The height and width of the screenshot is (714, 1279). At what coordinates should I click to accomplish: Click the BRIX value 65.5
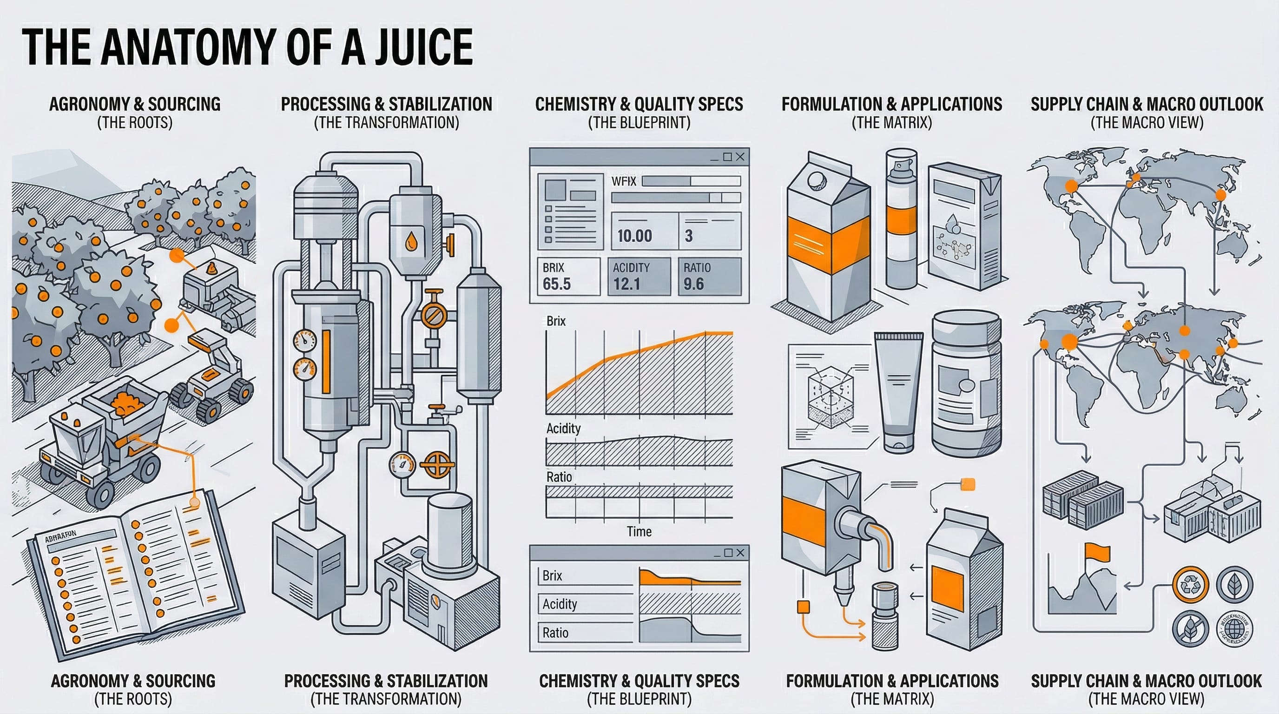[557, 284]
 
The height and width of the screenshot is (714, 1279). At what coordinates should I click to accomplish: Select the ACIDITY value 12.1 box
[639, 277]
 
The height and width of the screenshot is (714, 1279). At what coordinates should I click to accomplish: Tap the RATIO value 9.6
[693, 284]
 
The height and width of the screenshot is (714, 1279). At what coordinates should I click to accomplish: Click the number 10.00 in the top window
[634, 235]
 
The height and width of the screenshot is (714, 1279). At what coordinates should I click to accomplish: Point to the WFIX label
[624, 181]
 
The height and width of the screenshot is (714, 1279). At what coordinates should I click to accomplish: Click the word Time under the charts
[639, 532]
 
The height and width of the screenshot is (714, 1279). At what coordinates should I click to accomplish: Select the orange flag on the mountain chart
[1097, 551]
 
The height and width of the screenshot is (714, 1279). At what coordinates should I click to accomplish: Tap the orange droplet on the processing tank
[411, 242]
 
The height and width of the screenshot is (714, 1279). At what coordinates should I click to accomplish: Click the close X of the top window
[740, 157]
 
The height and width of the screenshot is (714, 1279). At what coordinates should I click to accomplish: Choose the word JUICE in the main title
[423, 47]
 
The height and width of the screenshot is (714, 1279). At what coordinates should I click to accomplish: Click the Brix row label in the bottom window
[552, 575]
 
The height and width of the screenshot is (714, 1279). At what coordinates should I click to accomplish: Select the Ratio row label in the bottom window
[555, 633]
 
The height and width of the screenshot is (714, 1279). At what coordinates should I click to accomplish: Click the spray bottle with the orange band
[902, 218]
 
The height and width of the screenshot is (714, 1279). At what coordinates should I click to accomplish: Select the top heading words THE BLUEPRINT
[639, 123]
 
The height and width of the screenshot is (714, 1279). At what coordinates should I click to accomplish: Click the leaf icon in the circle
[1234, 585]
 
